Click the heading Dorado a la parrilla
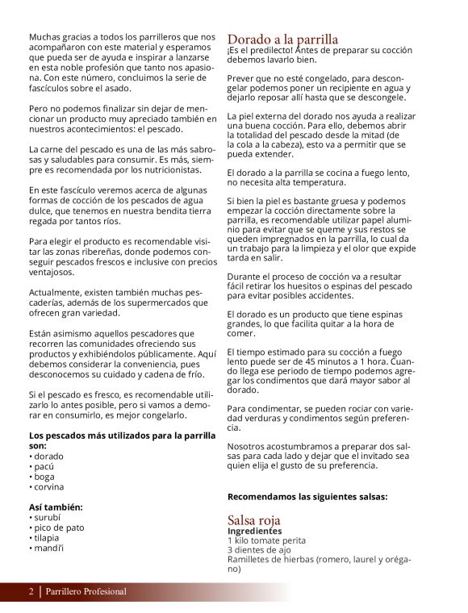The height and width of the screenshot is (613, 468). coord(282,40)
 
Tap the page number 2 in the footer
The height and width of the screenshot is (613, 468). coord(31,592)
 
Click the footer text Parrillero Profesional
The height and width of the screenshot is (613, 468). coord(86,592)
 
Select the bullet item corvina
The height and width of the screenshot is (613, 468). coord(51,487)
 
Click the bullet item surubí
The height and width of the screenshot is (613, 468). coord(48,517)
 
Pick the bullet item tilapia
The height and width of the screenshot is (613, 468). coord(48,538)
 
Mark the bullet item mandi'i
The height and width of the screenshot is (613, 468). coord(49,548)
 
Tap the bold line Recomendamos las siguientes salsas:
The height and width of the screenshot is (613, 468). coord(307,497)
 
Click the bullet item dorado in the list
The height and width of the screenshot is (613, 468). coord(50,456)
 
